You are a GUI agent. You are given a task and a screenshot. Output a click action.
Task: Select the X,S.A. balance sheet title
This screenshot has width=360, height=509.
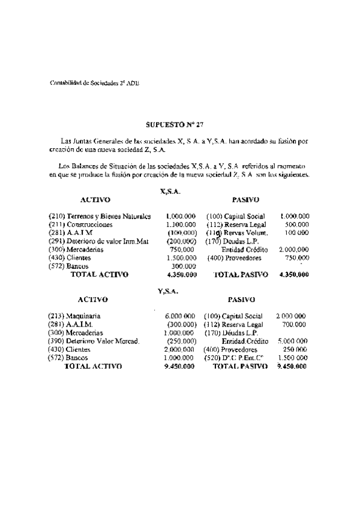170,191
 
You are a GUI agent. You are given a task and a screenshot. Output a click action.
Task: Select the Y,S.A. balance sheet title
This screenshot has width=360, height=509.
169,291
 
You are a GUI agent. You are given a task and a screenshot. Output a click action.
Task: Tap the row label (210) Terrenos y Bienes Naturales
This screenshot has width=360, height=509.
100,215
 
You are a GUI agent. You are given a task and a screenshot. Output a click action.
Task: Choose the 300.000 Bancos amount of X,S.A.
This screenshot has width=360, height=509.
184,265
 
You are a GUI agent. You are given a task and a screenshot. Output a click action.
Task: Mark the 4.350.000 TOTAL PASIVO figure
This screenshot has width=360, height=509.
294,274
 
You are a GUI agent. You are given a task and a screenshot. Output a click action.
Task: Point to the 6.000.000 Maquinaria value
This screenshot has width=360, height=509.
180,315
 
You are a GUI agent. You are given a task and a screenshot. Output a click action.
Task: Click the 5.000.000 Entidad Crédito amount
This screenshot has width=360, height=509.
292,340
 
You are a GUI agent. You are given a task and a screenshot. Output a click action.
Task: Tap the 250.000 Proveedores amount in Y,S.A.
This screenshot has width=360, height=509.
295,349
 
